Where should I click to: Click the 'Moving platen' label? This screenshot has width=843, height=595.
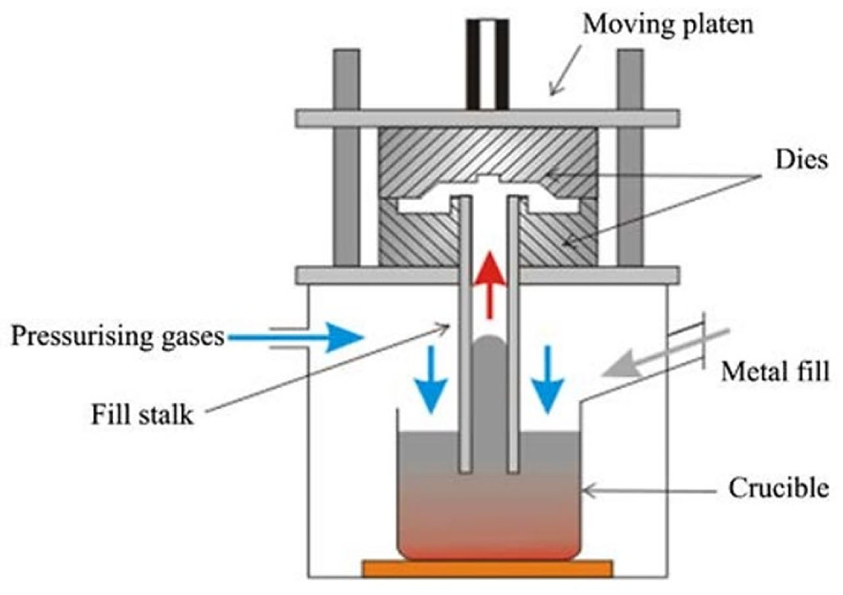point(668,25)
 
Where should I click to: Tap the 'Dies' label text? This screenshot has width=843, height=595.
point(801,161)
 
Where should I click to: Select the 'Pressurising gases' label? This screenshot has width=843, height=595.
point(118,336)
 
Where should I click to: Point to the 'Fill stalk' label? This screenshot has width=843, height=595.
point(142,415)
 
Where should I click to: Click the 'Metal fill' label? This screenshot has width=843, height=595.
point(775,371)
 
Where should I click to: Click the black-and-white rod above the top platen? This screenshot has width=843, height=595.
point(488,64)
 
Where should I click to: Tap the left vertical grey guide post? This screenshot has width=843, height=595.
point(346,158)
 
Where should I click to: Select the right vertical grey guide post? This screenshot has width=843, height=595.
point(630,158)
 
